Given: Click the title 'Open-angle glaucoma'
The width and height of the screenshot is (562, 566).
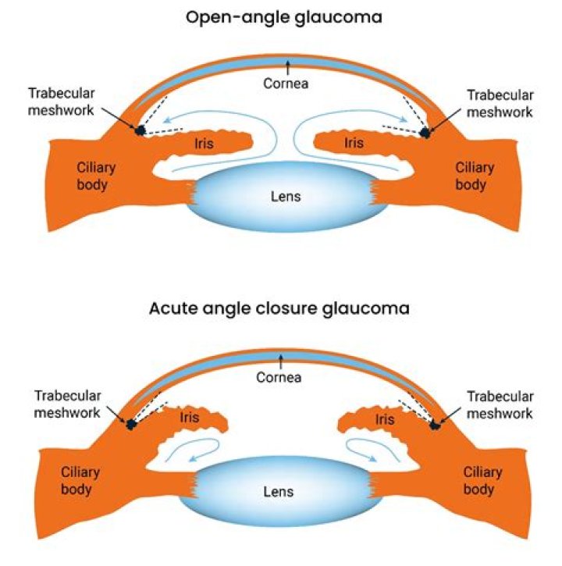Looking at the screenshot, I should pyautogui.click(x=283, y=16).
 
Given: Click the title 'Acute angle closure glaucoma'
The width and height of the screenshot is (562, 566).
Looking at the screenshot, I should pyautogui.click(x=279, y=308).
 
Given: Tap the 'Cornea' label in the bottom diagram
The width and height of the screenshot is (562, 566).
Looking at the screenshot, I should pyautogui.click(x=279, y=378).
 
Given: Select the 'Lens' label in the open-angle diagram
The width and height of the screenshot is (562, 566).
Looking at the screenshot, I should pyautogui.click(x=286, y=196).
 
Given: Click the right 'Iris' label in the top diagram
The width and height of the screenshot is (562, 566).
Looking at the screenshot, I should pyautogui.click(x=354, y=143).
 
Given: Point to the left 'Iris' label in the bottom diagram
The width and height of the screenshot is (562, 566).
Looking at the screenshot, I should pyautogui.click(x=189, y=418).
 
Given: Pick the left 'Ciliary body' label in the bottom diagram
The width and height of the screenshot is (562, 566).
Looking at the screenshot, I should pyautogui.click(x=81, y=480).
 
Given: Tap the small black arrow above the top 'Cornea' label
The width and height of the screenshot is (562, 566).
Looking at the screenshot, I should pyautogui.click(x=287, y=66).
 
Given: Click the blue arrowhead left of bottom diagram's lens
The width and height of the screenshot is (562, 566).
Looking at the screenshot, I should pyautogui.click(x=193, y=459).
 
